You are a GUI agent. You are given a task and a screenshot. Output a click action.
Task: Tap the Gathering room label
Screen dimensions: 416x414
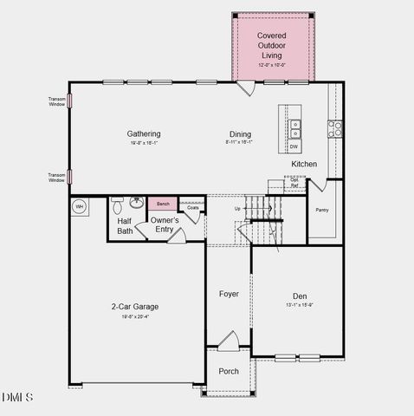pos(144,134)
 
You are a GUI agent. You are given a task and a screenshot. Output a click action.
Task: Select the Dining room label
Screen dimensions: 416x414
pos(240,134)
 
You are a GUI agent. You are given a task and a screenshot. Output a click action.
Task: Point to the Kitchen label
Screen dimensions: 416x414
pos(303,164)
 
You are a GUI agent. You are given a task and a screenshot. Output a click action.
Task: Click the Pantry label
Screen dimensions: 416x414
pos(322,210)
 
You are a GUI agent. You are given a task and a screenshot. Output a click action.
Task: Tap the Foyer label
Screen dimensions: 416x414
pos(228,294)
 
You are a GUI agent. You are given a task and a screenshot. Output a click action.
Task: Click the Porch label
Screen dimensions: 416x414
pos(228,371)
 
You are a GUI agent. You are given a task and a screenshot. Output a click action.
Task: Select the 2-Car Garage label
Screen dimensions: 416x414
pos(134,307)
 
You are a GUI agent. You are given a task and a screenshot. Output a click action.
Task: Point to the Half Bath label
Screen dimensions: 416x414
pos(125,225)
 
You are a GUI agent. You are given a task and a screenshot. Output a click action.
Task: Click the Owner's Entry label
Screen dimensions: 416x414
pos(165,224)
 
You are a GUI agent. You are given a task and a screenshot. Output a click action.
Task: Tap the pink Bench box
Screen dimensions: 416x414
pos(162,204)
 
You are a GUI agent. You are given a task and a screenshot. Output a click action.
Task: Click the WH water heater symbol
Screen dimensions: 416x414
pos(79,206)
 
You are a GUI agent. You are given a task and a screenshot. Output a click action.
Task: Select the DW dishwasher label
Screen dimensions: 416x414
pos(294,146)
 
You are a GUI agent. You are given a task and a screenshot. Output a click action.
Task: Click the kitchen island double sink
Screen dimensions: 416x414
pos(295,128)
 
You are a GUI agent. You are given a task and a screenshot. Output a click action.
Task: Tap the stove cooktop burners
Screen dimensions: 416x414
pos(334,128)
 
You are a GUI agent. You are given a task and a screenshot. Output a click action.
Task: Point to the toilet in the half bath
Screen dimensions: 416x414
pos(117,205)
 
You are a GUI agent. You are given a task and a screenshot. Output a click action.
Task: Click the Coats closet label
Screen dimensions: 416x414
pos(192,208)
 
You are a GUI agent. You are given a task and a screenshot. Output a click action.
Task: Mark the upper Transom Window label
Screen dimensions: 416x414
pos(56,101)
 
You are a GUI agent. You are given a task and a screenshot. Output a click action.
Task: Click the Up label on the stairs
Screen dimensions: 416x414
pos(238,209)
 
